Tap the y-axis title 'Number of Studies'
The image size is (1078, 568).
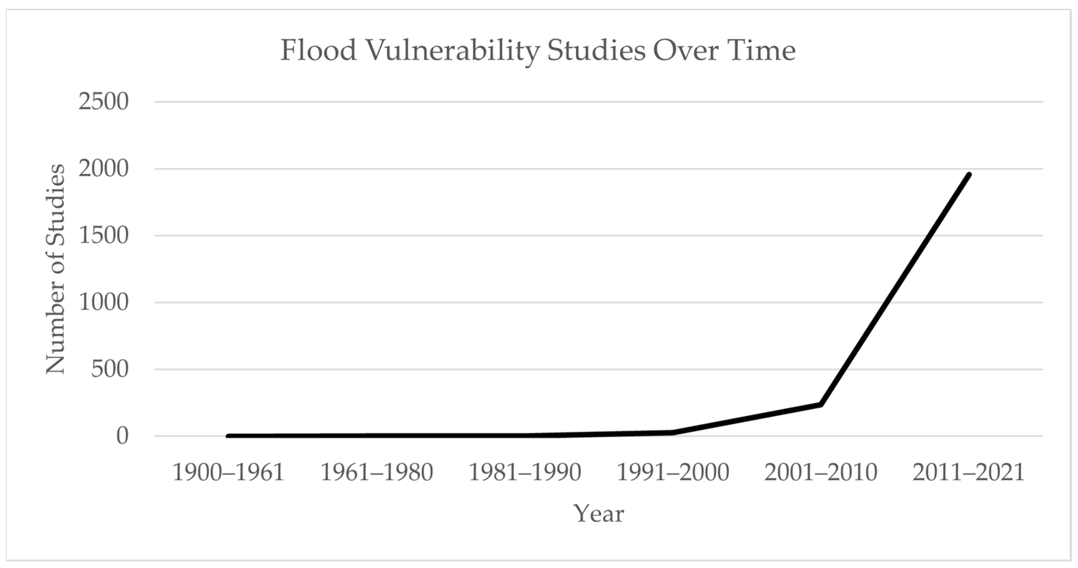click(56, 269)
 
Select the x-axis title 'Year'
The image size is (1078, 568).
click(599, 513)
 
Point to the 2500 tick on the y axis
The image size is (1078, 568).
click(103, 102)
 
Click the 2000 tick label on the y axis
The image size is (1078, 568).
click(103, 169)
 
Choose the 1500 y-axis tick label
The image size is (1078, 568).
click(103, 236)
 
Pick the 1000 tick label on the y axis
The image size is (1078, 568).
click(103, 302)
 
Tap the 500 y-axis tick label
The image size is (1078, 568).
click(110, 369)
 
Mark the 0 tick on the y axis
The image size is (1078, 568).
click(123, 436)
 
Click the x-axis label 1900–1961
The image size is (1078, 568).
click(229, 472)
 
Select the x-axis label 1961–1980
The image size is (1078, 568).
click(377, 472)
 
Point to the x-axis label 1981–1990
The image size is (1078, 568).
click(525, 472)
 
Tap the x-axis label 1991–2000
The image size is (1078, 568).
click(673, 472)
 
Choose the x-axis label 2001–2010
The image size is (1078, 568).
click(821, 472)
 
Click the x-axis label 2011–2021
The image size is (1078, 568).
click(969, 472)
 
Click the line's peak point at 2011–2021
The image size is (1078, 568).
click(969, 174)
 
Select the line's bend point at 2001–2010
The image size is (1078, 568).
click(821, 404)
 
